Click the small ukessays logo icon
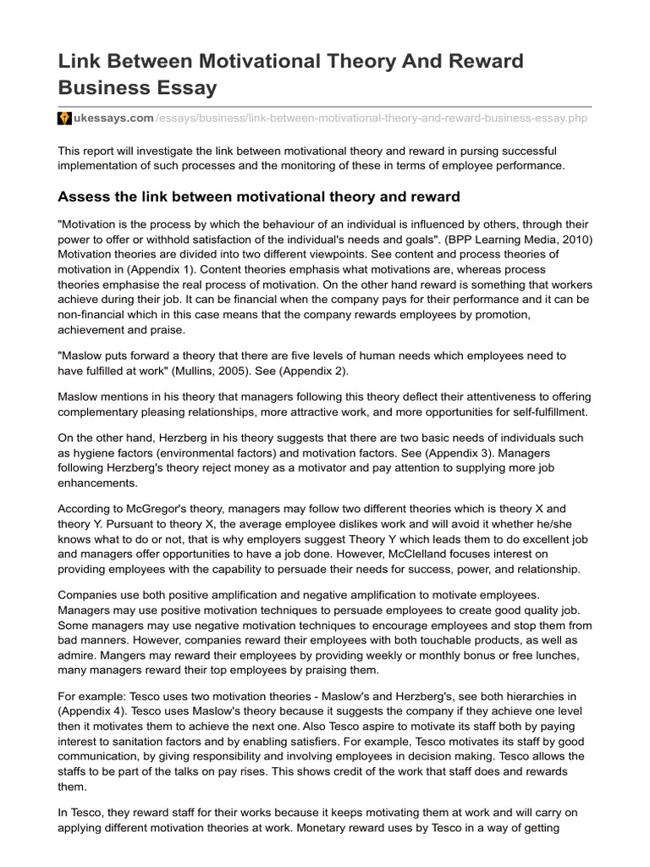63,119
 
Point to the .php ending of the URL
576,119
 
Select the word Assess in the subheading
85,197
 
